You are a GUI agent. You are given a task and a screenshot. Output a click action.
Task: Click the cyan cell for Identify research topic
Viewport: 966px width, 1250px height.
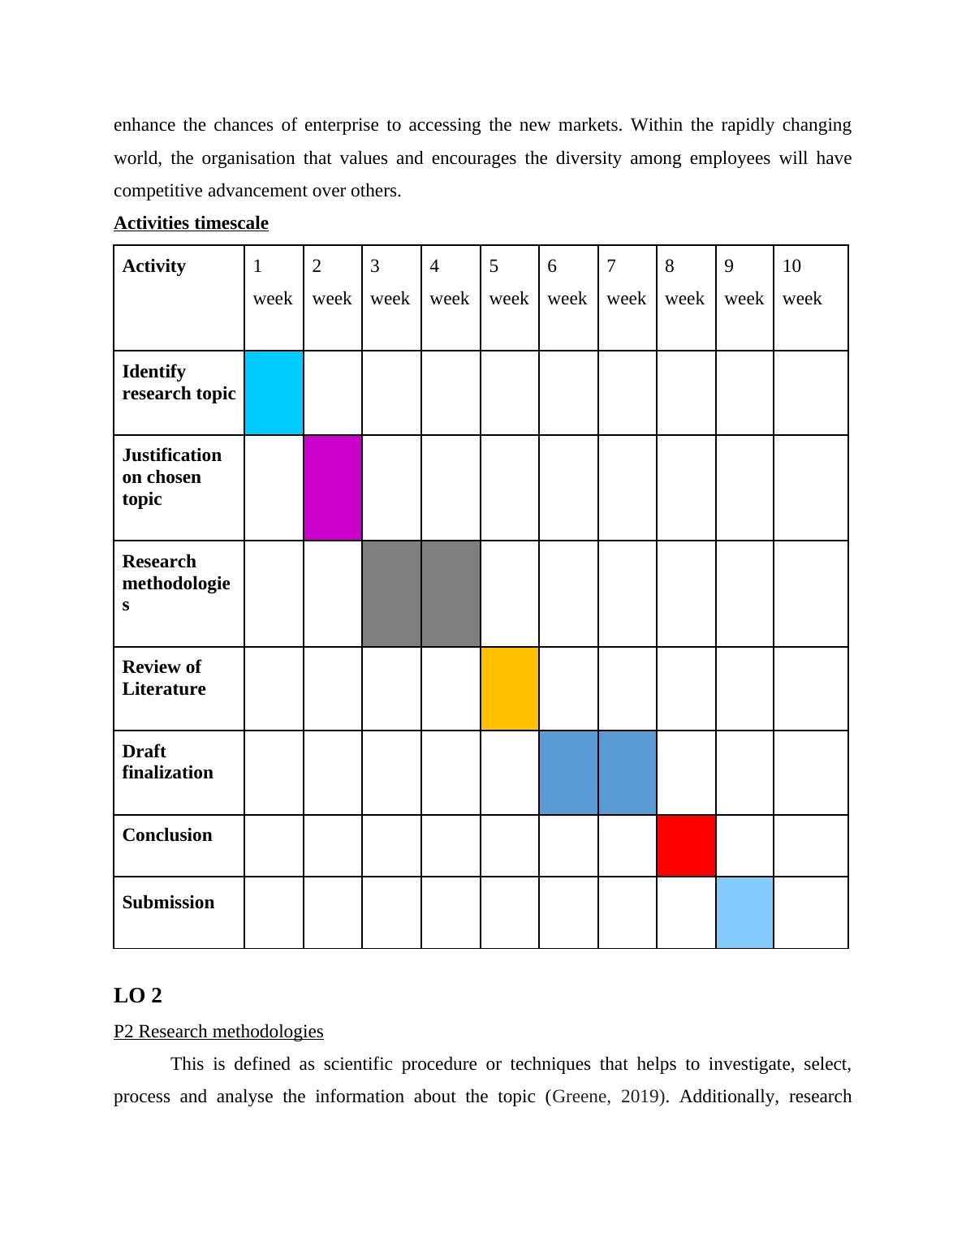(x=274, y=393)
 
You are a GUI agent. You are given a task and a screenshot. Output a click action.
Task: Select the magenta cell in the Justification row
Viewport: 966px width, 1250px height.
(x=333, y=488)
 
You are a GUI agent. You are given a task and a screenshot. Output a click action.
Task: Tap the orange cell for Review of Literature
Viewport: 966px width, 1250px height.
(x=510, y=688)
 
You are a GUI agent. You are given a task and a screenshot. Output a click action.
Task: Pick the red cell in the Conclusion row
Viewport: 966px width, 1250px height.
(x=686, y=846)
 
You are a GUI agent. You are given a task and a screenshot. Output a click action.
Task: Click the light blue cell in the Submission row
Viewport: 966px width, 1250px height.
(x=744, y=912)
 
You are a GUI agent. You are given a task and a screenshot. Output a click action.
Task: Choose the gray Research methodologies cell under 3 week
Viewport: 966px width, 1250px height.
(x=391, y=593)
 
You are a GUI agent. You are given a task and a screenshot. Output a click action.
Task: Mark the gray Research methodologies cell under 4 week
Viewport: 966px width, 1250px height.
(x=451, y=593)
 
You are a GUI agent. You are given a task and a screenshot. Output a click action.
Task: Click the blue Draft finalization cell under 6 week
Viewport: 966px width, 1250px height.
(x=568, y=773)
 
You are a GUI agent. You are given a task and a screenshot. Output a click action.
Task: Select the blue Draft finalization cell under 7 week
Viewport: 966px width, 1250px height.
(x=627, y=773)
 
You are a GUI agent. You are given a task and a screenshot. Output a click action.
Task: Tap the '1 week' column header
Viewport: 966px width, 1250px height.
(x=274, y=282)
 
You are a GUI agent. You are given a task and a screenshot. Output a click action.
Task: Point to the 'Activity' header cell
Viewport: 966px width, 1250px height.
(x=154, y=266)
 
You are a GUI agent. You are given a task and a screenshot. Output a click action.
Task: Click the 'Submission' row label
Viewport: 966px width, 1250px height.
(x=168, y=903)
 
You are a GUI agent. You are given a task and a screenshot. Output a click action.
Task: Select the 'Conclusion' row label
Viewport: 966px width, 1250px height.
(x=167, y=835)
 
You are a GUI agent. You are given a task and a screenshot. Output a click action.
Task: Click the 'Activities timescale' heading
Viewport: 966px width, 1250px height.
(x=191, y=223)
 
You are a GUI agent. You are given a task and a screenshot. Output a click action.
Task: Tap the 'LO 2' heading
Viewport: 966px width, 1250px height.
(x=138, y=995)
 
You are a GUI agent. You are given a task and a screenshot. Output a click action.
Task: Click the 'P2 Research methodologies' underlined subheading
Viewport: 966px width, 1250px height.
(x=218, y=1032)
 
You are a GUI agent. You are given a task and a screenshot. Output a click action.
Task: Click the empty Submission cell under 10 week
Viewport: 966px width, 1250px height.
(x=810, y=912)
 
